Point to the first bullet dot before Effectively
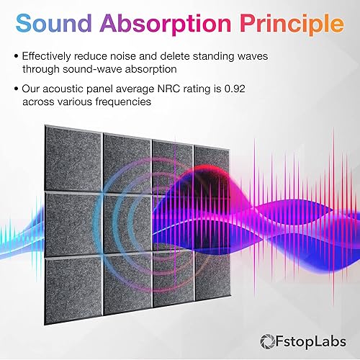15,55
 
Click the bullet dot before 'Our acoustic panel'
15,89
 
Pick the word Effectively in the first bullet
50,55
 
